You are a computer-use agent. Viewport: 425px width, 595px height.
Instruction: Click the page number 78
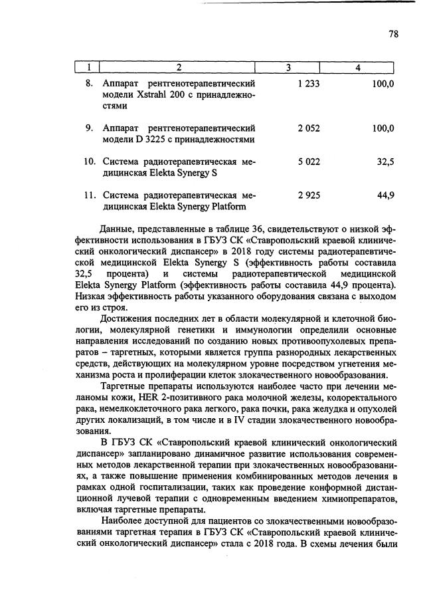pyautogui.click(x=393, y=35)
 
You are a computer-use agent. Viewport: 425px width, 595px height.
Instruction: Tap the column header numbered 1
pyautogui.click(x=88, y=67)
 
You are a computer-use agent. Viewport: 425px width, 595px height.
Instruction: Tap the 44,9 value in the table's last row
pyautogui.click(x=386, y=195)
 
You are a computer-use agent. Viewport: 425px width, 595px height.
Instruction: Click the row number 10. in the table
pyautogui.click(x=88, y=162)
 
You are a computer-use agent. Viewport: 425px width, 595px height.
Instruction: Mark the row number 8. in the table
pyautogui.click(x=90, y=84)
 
